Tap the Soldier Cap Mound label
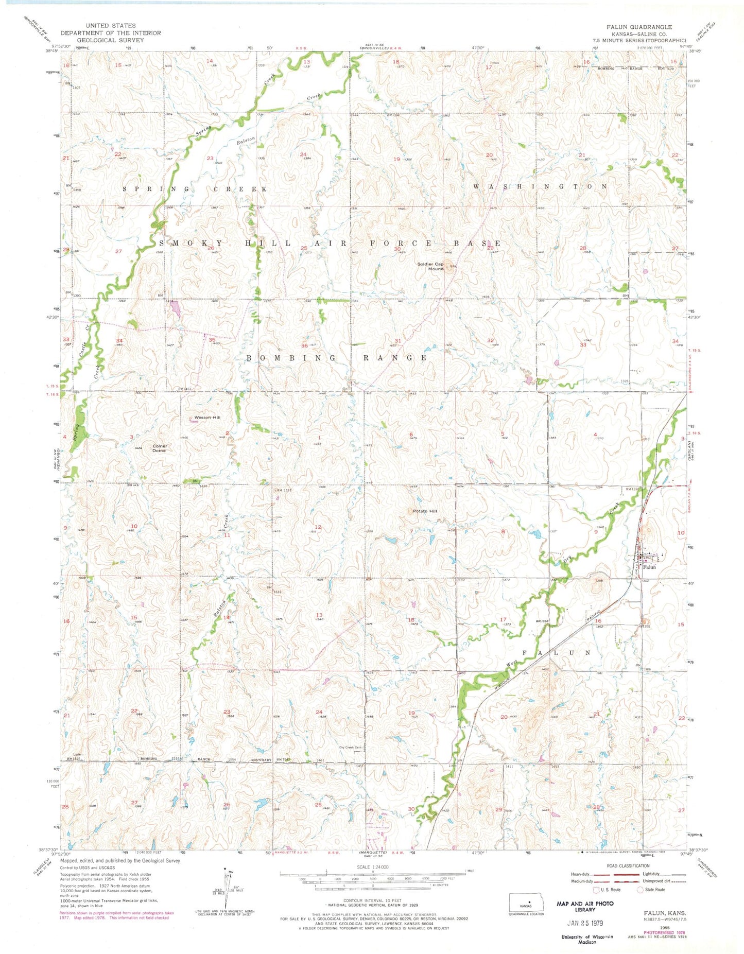tap(430, 266)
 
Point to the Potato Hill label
tap(425, 511)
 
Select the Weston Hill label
tap(205, 418)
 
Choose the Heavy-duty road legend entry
tap(581, 874)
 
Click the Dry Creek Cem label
tap(351, 748)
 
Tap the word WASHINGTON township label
tap(540, 186)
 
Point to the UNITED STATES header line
tap(111, 25)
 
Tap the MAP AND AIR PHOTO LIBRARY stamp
tap(585, 907)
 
